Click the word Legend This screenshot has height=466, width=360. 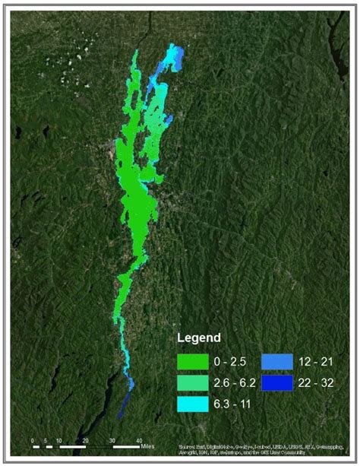pyautogui.click(x=198, y=337)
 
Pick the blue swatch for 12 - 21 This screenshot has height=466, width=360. pyautogui.click(x=273, y=360)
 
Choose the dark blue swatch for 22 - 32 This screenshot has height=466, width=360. pyautogui.click(x=273, y=382)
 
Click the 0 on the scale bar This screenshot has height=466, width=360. pyautogui.click(x=33, y=440)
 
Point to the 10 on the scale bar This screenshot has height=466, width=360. pyautogui.click(x=59, y=440)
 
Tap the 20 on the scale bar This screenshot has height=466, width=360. pyautogui.click(x=85, y=440)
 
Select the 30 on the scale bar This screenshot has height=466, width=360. pyautogui.click(x=112, y=440)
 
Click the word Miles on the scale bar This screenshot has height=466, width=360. pyautogui.click(x=150, y=440)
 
